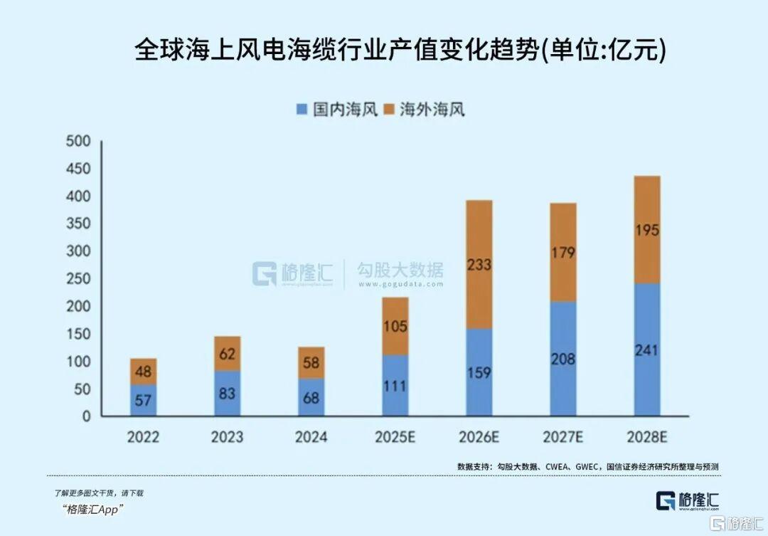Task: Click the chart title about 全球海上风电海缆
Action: pos(400,52)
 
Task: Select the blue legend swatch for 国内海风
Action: pos(302,110)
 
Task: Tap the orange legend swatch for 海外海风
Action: pos(388,110)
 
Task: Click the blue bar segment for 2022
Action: pos(143,401)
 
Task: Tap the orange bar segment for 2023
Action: pos(227,353)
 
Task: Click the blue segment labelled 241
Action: pos(647,350)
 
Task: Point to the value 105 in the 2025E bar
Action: pos(395,326)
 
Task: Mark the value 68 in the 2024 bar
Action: pos(311,397)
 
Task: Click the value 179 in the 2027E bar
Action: pos(563,253)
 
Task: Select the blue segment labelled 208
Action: pos(563,359)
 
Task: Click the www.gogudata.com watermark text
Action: pos(400,284)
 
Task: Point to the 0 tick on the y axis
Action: pos(86,416)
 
